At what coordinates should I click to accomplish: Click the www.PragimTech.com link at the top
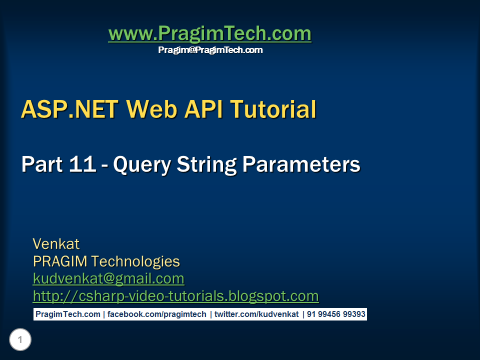pyautogui.click(x=209, y=33)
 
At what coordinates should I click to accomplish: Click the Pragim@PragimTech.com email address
pyautogui.click(x=210, y=50)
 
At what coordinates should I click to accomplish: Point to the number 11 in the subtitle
pyautogui.click(x=80, y=164)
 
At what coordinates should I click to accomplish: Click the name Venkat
pyautogui.click(x=56, y=244)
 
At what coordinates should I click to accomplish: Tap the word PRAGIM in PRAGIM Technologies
pyautogui.click(x=60, y=261)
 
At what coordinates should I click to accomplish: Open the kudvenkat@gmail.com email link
pyautogui.click(x=108, y=278)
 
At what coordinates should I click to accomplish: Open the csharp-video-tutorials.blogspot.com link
pyautogui.click(x=175, y=296)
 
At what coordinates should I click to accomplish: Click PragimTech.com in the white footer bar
pyautogui.click(x=67, y=314)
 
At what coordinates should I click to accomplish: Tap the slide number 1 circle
pyautogui.click(x=20, y=340)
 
